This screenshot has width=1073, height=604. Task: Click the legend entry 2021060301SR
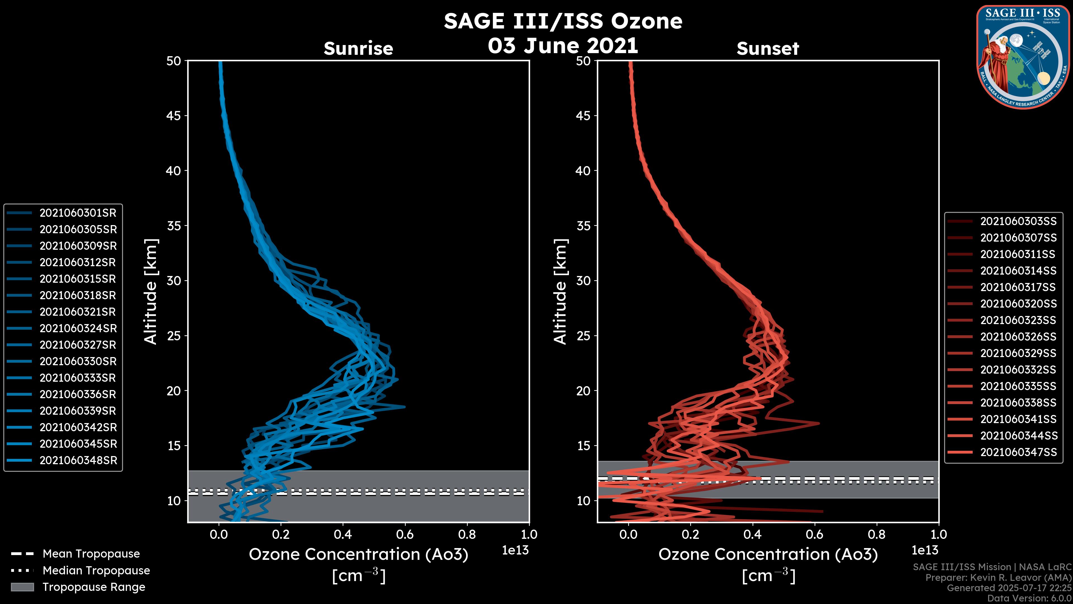[78, 213]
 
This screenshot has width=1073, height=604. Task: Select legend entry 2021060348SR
[78, 461]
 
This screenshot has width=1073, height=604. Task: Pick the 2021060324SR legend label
[78, 329]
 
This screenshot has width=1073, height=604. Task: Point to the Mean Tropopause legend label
[91, 554]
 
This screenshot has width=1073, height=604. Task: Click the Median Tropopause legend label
[96, 571]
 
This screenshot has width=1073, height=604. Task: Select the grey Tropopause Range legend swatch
[22, 587]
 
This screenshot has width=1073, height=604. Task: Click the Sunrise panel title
[358, 49]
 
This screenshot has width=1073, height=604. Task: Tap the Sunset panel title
[768, 49]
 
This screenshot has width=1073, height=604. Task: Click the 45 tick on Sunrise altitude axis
[174, 116]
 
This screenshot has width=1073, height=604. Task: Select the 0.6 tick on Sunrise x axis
[405, 534]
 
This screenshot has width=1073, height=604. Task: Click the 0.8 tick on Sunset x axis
[877, 534]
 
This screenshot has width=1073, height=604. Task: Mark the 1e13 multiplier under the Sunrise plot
[515, 550]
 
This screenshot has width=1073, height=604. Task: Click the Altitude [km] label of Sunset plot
[560, 292]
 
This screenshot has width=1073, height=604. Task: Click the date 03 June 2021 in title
[563, 46]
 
